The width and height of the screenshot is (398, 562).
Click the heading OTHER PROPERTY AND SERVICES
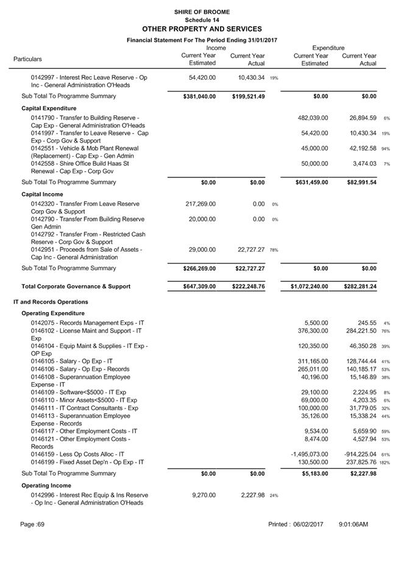point(201,29)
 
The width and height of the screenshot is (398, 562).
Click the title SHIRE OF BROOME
point(201,12)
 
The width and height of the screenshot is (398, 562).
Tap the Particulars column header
point(28,59)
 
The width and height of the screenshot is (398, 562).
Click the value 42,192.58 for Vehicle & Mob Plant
point(361,148)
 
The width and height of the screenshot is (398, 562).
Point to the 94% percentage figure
point(386,149)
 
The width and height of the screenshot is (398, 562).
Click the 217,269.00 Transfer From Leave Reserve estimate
point(201,204)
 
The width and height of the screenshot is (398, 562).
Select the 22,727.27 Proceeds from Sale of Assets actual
point(249,250)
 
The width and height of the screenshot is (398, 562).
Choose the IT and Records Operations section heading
point(51,302)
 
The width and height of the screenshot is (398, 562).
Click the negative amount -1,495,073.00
point(310,454)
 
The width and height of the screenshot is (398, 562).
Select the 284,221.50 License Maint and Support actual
point(359,331)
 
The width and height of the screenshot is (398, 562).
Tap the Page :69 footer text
point(32,524)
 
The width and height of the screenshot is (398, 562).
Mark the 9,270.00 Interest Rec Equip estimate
point(204,495)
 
